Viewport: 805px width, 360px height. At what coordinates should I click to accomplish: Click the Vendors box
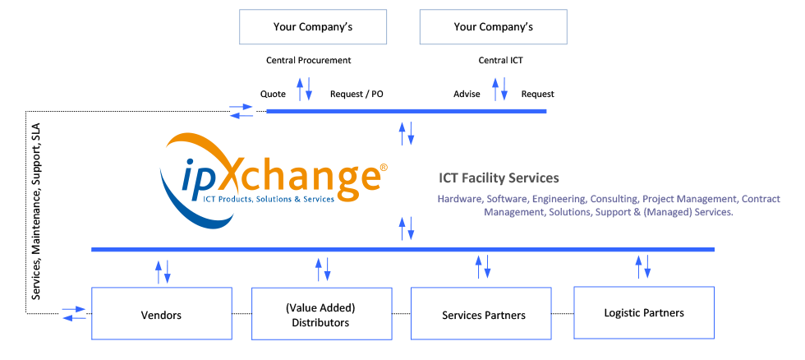[161, 314]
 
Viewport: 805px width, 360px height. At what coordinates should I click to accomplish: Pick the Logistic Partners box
[643, 312]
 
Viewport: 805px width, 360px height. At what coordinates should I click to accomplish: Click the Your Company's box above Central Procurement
[312, 27]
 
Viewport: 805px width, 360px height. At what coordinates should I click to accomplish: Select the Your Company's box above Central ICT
[493, 27]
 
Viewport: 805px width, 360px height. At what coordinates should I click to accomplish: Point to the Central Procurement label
[308, 60]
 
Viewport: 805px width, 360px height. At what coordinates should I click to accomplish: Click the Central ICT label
[500, 60]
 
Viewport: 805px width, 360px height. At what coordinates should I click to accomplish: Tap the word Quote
[273, 94]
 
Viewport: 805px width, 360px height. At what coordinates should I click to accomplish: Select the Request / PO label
[356, 94]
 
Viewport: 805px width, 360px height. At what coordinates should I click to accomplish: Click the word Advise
[467, 94]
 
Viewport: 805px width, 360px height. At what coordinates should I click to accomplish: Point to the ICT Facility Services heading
[499, 178]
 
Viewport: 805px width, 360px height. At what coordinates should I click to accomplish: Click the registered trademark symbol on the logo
[384, 168]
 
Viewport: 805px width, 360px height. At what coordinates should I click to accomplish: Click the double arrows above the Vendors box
[163, 271]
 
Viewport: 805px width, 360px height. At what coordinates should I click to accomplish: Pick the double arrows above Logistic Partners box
[642, 266]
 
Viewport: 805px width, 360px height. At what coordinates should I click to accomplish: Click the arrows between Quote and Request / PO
[304, 89]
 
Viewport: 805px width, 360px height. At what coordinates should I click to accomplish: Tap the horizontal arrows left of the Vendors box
[74, 313]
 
